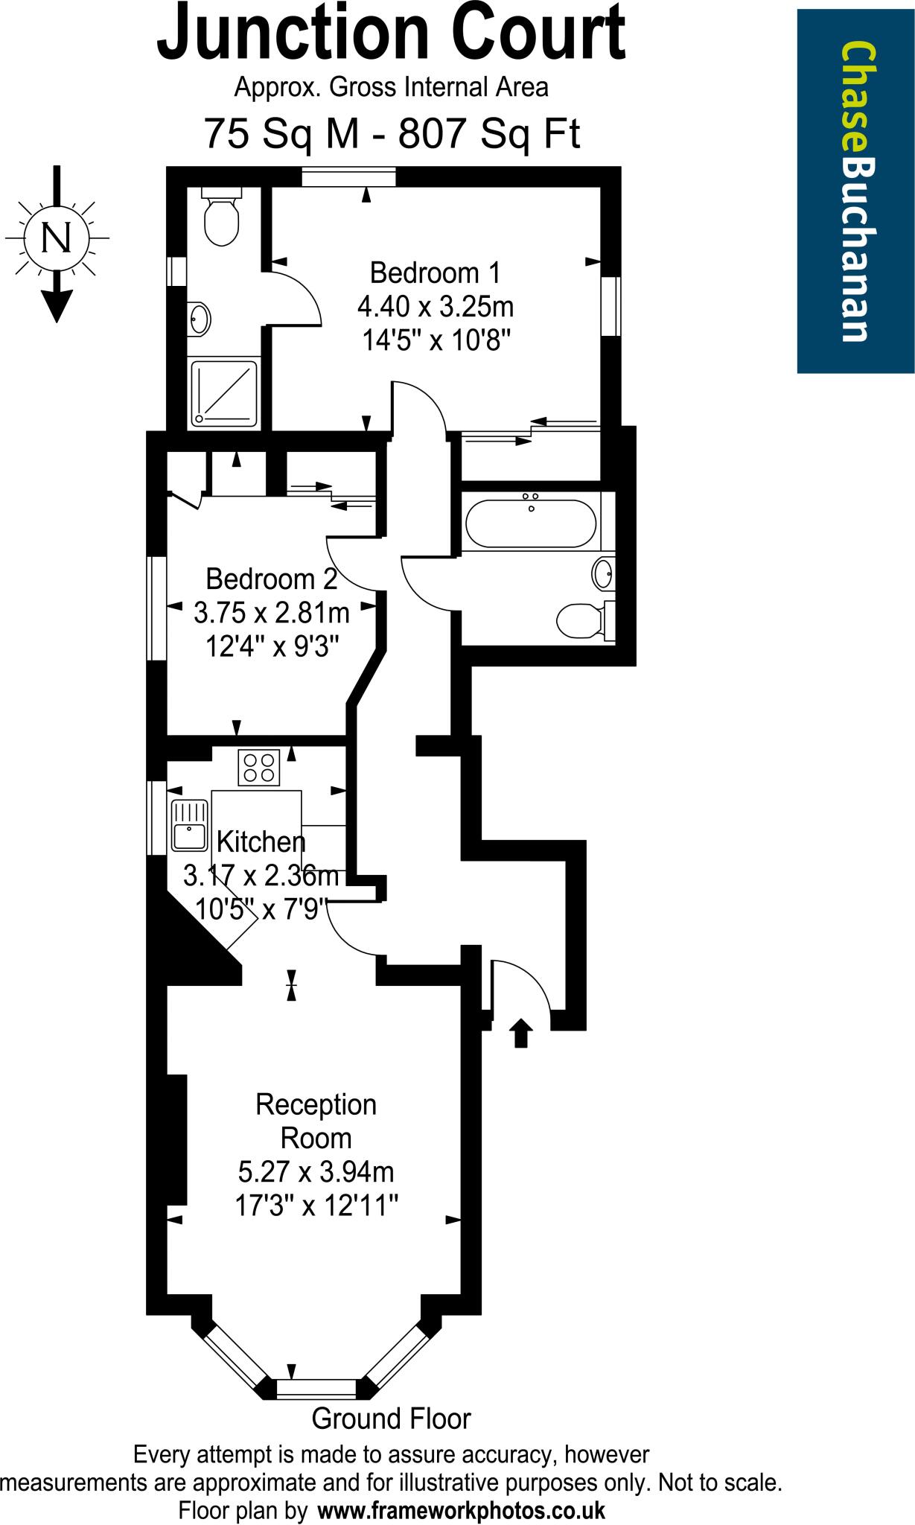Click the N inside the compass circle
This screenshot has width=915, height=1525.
pos(57,238)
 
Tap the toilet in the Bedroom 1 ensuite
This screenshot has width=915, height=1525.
pos(222,220)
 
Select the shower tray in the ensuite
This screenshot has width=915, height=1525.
pos(224,394)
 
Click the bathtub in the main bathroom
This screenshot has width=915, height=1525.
pos(531,523)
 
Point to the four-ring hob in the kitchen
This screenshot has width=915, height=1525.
pos(258,768)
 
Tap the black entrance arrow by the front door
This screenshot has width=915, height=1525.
pos(520,1034)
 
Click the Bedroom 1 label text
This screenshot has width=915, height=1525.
pos(436,273)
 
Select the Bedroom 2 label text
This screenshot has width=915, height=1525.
pos(271,579)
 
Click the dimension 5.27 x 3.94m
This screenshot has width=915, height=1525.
pos(316,1173)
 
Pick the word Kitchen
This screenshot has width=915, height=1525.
pos(261,841)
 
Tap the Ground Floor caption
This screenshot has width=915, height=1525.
pos(391,1419)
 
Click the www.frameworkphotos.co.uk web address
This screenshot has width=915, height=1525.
pos(462,1511)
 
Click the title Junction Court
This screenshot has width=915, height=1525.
pos(391,34)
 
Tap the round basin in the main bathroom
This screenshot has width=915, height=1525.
pos(603,574)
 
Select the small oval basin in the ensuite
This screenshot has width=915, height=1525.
pos(200,319)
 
